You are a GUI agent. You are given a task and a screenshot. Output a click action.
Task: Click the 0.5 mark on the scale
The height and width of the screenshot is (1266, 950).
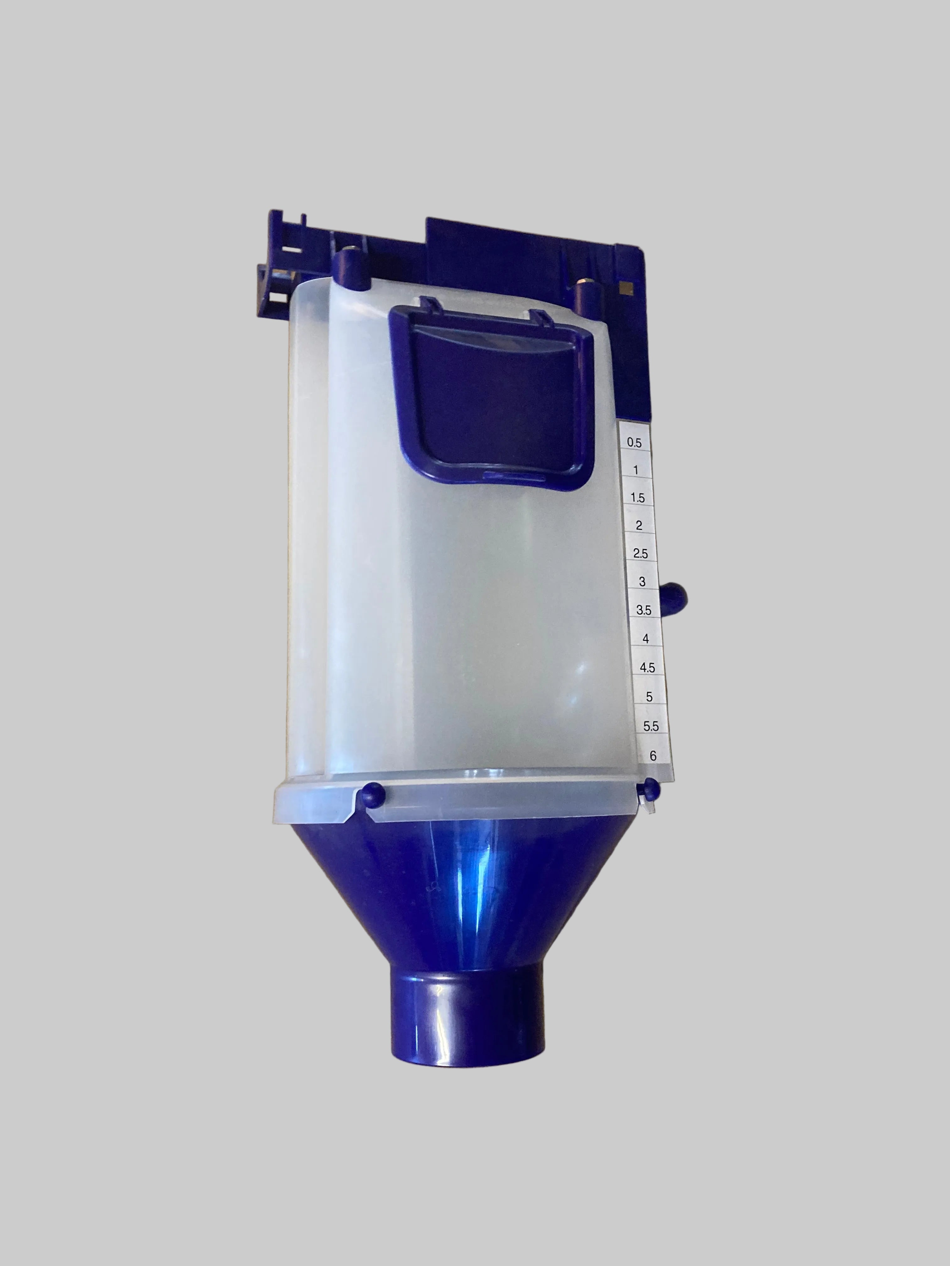coord(634,442)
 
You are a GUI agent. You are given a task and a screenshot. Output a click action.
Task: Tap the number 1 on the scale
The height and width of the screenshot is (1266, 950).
coord(636,470)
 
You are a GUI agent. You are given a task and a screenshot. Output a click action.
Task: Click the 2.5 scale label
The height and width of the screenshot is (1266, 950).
coord(640,554)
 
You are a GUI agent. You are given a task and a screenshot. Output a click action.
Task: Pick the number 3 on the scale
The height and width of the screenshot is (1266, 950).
coord(642,582)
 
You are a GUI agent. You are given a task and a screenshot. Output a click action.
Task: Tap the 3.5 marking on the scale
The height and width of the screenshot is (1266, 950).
coord(644,610)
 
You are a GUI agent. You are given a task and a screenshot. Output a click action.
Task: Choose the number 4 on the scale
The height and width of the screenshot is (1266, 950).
coord(645,639)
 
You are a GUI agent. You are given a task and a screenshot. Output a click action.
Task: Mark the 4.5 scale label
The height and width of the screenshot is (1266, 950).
coord(647,667)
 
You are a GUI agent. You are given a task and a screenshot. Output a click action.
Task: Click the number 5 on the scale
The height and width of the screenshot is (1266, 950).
coord(649,696)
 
